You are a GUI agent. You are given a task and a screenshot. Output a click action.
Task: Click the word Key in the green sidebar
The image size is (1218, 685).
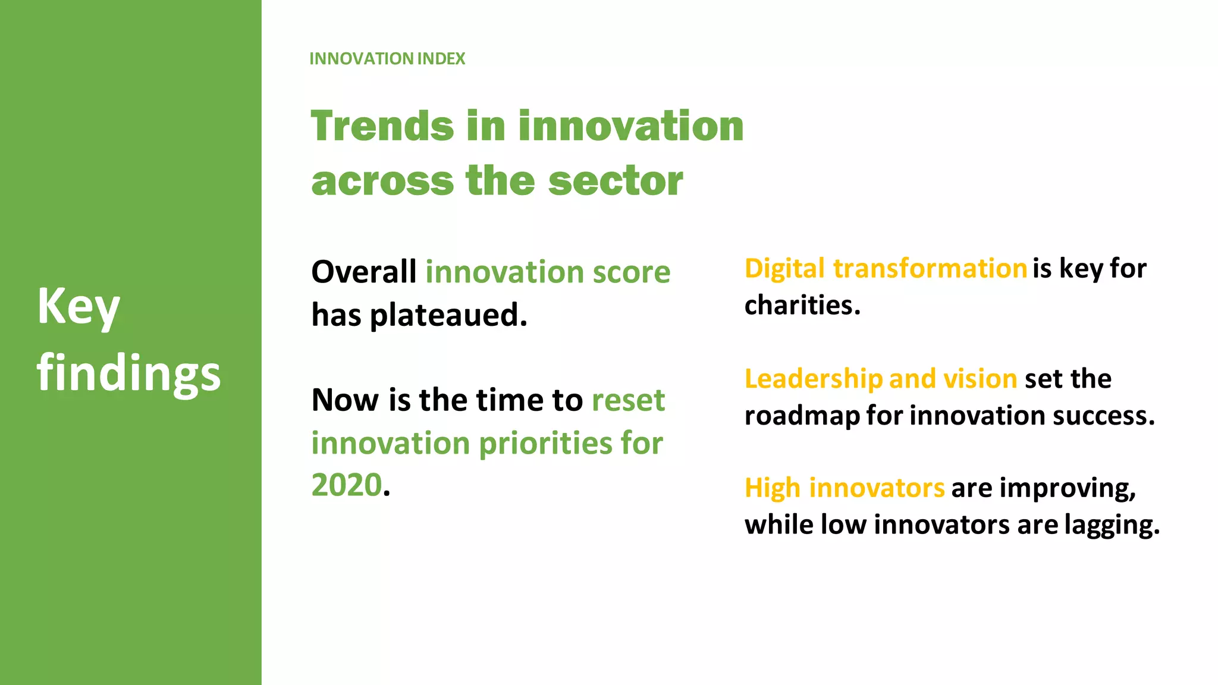tap(79, 307)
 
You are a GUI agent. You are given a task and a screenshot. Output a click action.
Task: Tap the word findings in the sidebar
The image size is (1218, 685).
tap(128, 373)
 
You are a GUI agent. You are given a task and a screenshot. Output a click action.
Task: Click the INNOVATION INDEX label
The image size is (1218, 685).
tap(387, 59)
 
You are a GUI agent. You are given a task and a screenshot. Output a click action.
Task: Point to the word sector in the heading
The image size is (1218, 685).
tap(616, 181)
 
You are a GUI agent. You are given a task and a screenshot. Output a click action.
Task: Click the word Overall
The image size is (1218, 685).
tap(363, 272)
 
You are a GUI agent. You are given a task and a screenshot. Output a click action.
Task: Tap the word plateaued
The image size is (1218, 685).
tap(448, 315)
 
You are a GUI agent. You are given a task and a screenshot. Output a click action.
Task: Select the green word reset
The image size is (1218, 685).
tap(628, 400)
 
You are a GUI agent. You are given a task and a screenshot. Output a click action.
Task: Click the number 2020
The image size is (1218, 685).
tap(346, 485)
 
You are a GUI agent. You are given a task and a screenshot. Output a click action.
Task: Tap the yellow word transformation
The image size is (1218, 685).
tap(930, 269)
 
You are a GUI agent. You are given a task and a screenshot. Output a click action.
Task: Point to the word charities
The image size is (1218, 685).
tap(802, 306)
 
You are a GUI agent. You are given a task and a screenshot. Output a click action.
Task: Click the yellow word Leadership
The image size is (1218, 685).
tap(813, 379)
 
